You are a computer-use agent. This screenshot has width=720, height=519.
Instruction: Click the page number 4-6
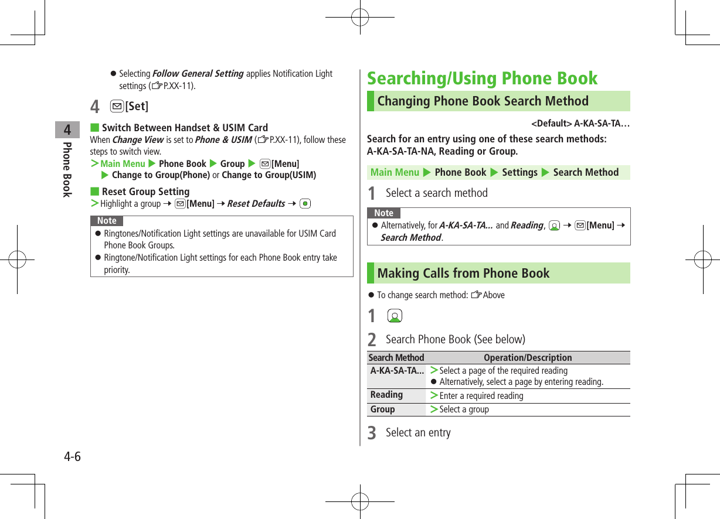click(73, 456)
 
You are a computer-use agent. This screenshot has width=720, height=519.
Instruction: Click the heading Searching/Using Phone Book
click(482, 78)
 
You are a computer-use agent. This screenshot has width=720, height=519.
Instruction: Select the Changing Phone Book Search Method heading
click(483, 101)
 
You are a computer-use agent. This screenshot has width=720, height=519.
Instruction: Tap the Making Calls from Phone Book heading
click(463, 273)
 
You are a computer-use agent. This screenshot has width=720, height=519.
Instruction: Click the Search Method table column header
click(396, 357)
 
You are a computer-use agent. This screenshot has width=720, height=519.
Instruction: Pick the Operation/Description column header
click(528, 357)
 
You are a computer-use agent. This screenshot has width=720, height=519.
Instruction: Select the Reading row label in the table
click(386, 395)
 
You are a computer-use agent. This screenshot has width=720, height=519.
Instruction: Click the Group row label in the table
click(382, 409)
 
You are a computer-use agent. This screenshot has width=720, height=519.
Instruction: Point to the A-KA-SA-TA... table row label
click(397, 370)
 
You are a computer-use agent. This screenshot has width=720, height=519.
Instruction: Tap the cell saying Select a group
click(464, 409)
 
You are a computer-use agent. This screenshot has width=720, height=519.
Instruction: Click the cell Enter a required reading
click(481, 395)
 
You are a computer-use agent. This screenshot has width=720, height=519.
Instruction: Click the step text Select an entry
click(418, 432)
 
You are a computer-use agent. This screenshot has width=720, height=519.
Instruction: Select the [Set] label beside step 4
click(138, 107)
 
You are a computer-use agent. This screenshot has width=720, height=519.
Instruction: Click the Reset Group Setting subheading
click(145, 192)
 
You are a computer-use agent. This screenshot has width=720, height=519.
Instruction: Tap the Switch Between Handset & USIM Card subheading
click(185, 128)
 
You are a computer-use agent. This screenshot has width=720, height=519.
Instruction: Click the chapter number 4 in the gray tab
click(67, 129)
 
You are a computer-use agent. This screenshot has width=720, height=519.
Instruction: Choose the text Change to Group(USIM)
click(269, 175)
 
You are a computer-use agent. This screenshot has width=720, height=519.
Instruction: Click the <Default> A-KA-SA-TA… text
click(580, 124)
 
